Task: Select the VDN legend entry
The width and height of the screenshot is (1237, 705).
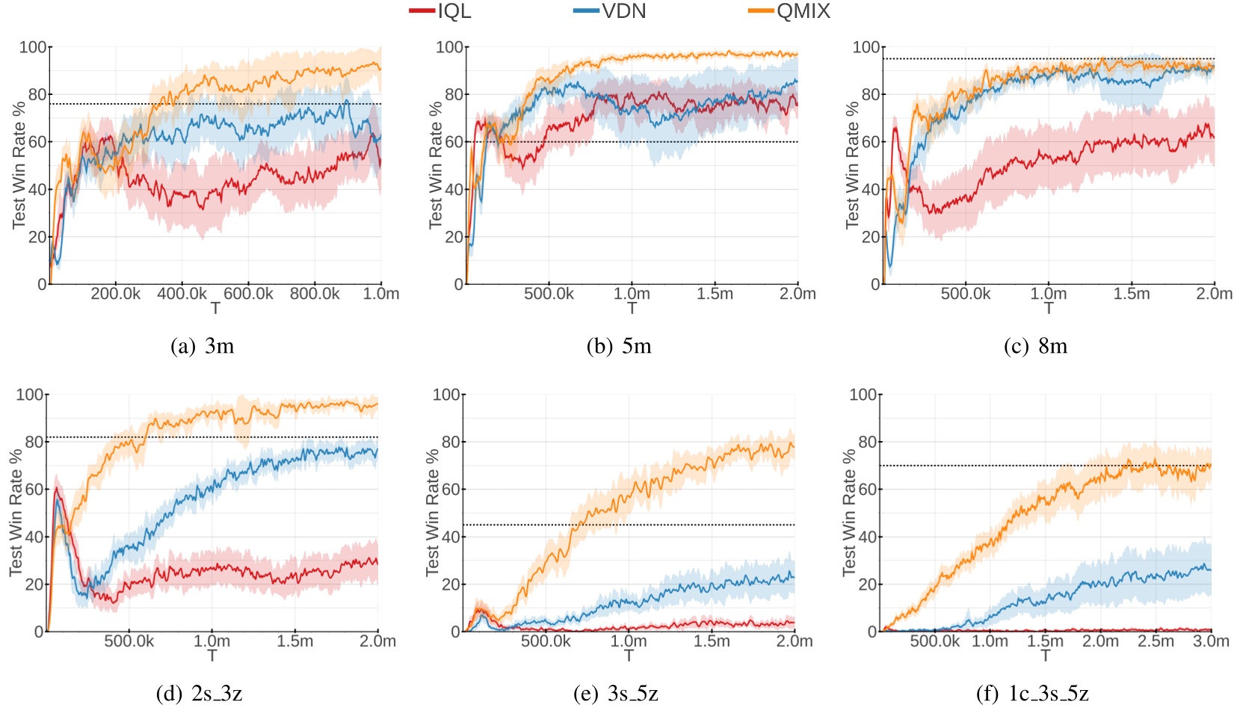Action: point(610,11)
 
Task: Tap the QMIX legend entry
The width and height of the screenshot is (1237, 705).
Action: point(789,11)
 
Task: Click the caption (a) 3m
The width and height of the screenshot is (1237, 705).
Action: point(203,346)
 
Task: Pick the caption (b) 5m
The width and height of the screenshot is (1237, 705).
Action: point(619,346)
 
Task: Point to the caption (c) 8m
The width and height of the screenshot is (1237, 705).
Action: point(1035,346)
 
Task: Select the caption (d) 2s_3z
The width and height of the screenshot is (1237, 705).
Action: point(199,694)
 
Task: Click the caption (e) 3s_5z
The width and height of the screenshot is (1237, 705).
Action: point(616,694)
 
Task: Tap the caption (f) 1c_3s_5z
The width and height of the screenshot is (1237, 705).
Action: point(1032,694)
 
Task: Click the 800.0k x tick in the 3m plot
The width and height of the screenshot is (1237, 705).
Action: point(315,294)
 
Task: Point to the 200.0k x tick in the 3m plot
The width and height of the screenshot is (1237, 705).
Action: point(116,294)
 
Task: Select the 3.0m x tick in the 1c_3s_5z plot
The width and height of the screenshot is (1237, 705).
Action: point(1211,641)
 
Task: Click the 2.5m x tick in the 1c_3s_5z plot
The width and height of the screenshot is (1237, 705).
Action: point(1156,641)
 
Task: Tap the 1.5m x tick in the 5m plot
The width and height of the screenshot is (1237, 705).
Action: point(715,294)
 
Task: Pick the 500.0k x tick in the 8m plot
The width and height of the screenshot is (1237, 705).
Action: point(966,294)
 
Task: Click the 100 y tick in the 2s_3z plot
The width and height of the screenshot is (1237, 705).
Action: point(30,395)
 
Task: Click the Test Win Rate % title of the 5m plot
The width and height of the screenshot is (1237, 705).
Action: point(436,165)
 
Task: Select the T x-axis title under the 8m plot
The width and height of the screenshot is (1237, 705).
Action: point(1049,308)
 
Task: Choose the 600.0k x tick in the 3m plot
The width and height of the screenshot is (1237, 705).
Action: point(249,294)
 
